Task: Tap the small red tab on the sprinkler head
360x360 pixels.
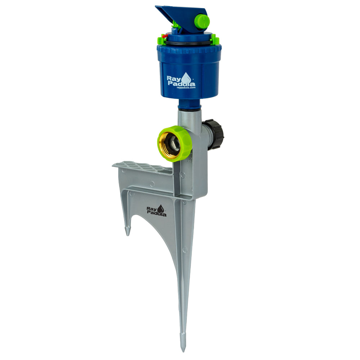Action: tap(164, 36)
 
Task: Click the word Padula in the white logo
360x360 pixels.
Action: tap(181, 83)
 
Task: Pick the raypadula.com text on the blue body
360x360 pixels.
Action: tap(186, 87)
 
